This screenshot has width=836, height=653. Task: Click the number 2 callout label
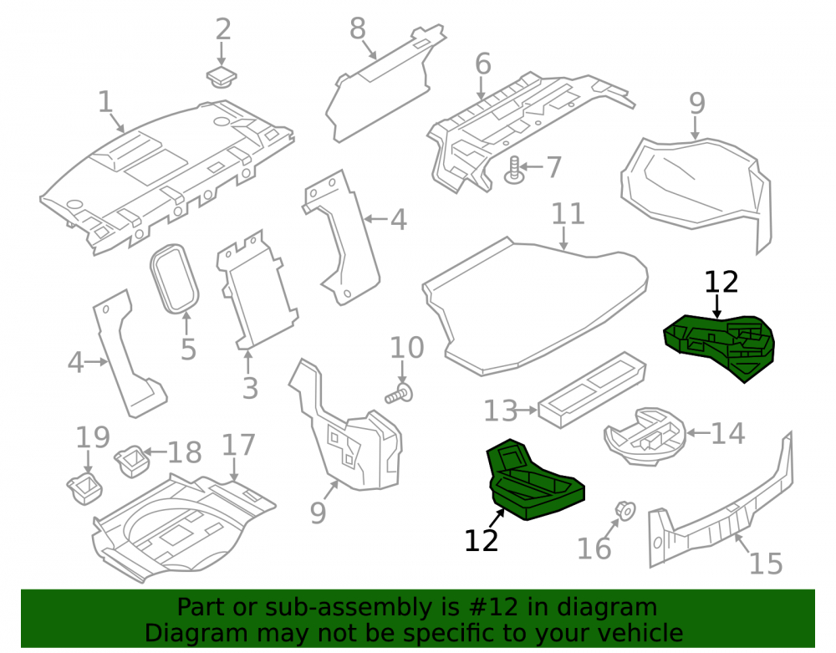(223, 29)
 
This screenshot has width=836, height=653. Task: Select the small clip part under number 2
(222, 77)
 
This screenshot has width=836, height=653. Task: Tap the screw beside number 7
(514, 170)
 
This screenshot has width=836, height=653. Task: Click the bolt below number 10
(400, 394)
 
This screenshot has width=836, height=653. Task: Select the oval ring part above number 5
(175, 278)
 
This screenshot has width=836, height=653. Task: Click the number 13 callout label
(500, 411)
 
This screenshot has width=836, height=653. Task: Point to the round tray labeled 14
(645, 436)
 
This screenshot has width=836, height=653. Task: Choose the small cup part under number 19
(84, 487)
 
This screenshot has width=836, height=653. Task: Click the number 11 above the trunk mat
(568, 214)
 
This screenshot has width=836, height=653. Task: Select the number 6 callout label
(482, 64)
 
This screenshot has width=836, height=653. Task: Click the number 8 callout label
(358, 28)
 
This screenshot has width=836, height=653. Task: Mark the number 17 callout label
(238, 445)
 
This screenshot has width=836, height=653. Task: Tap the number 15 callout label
(766, 564)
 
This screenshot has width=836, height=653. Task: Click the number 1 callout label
(105, 101)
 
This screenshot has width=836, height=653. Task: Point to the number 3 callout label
(250, 387)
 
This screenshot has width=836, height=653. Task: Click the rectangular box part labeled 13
(593, 389)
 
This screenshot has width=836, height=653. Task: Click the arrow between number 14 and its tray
(698, 432)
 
